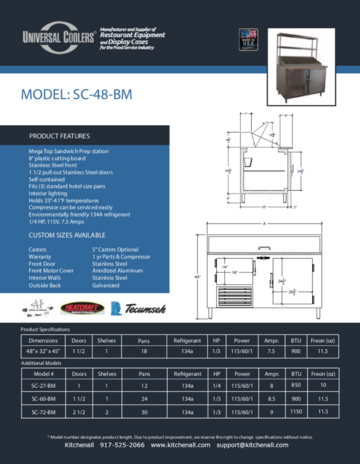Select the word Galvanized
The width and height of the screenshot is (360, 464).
pyautogui.click(x=106, y=285)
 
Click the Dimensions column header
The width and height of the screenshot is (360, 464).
pyautogui.click(x=44, y=340)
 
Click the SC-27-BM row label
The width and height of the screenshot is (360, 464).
pyautogui.click(x=44, y=385)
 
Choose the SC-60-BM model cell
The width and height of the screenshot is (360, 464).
pyautogui.click(x=44, y=398)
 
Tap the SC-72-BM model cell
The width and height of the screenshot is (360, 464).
pyautogui.click(x=44, y=412)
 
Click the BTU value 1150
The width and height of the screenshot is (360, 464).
pyautogui.click(x=296, y=412)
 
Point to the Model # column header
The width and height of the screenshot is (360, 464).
pyautogui.click(x=44, y=372)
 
